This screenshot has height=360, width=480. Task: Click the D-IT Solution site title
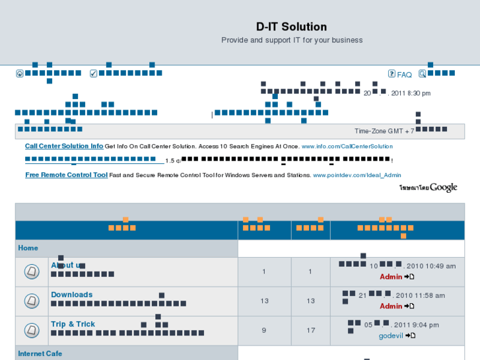click(x=291, y=27)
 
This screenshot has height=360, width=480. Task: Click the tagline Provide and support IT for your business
click(x=292, y=40)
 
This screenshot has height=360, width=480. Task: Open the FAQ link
click(x=404, y=75)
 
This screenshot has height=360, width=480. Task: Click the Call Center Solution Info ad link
click(x=64, y=146)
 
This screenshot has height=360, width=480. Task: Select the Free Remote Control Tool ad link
click(x=66, y=175)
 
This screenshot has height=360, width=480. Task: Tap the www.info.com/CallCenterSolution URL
click(x=347, y=147)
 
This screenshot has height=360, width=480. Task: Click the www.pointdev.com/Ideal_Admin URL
click(x=357, y=176)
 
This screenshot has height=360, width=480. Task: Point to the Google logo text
click(x=444, y=188)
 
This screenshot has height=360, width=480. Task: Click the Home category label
click(x=28, y=248)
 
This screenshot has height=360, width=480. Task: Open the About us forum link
click(x=67, y=266)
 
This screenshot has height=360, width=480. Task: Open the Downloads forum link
click(x=72, y=295)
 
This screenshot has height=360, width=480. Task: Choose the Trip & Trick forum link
click(x=73, y=324)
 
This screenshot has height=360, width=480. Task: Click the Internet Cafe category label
click(x=40, y=354)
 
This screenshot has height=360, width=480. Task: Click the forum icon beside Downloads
click(x=31, y=301)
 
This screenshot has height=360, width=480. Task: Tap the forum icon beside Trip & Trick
click(x=31, y=330)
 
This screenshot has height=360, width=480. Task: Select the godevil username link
click(x=391, y=336)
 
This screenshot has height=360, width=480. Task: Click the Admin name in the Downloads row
click(x=391, y=306)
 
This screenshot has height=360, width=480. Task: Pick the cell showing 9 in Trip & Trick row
click(x=264, y=330)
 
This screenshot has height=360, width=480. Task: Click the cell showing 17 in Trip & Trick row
click(x=310, y=330)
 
